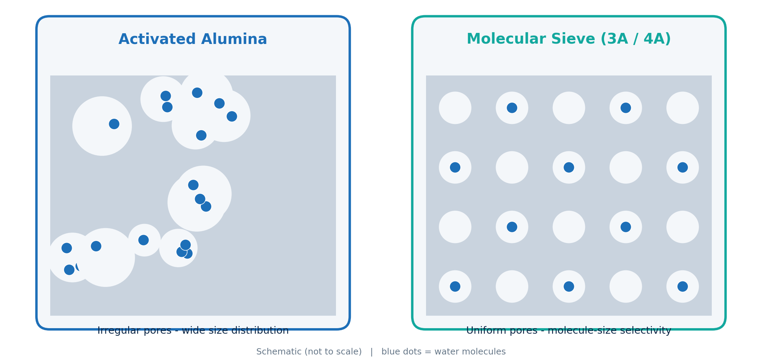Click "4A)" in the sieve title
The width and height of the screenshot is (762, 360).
point(657,39)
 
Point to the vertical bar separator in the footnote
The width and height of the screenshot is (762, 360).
point(372,352)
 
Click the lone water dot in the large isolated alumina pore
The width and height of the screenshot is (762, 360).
point(114,124)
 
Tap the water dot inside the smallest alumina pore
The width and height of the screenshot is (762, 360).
point(143,240)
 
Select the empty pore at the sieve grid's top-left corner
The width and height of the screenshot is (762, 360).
point(455,108)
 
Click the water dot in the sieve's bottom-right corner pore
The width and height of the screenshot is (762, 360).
point(683,287)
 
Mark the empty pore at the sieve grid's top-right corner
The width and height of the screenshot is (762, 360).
point(683,108)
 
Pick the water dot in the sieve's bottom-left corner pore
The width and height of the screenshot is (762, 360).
point(455,287)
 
